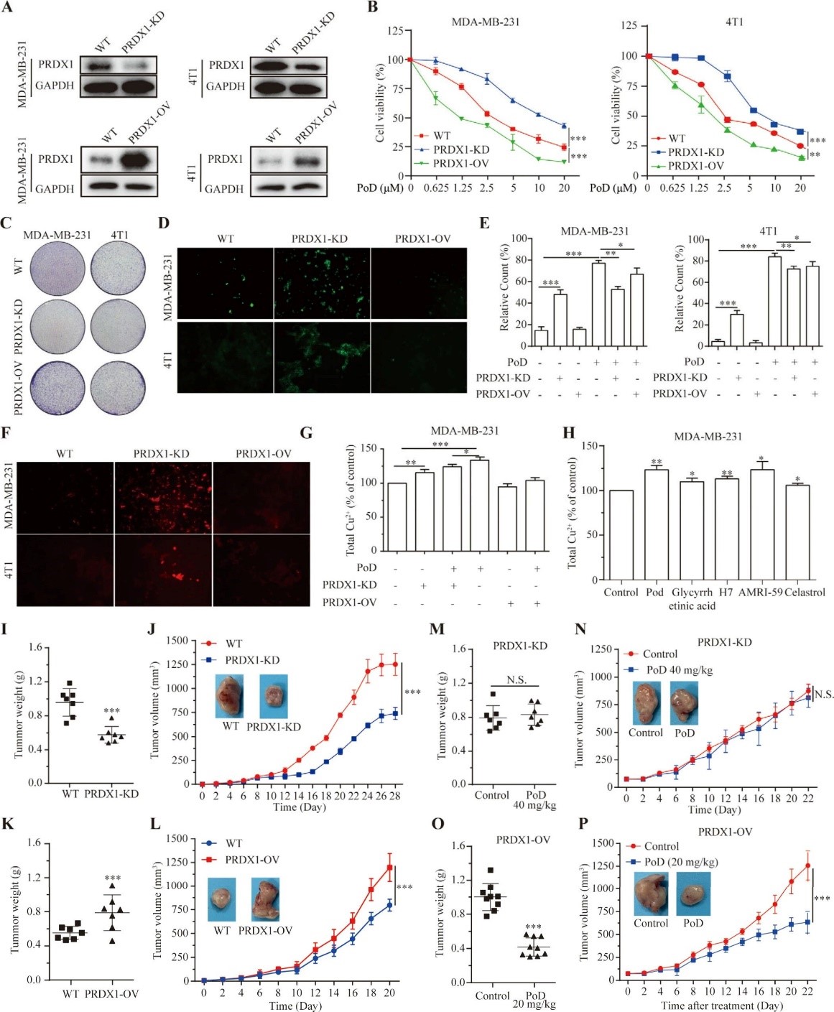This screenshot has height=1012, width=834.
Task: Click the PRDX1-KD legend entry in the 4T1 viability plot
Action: click(695, 152)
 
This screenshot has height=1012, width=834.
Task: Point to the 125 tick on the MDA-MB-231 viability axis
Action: click(395, 31)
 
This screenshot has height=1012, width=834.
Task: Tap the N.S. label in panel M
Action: click(516, 679)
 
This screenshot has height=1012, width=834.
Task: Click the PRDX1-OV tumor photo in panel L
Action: click(265, 899)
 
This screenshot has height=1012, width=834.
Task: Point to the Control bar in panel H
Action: click(621, 535)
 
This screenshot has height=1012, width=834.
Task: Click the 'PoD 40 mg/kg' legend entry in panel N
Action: click(680, 670)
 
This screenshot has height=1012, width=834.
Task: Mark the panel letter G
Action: click(306, 433)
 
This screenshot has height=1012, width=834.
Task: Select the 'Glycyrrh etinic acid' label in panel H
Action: click(692, 599)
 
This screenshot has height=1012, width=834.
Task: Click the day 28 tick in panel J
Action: click(394, 796)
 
